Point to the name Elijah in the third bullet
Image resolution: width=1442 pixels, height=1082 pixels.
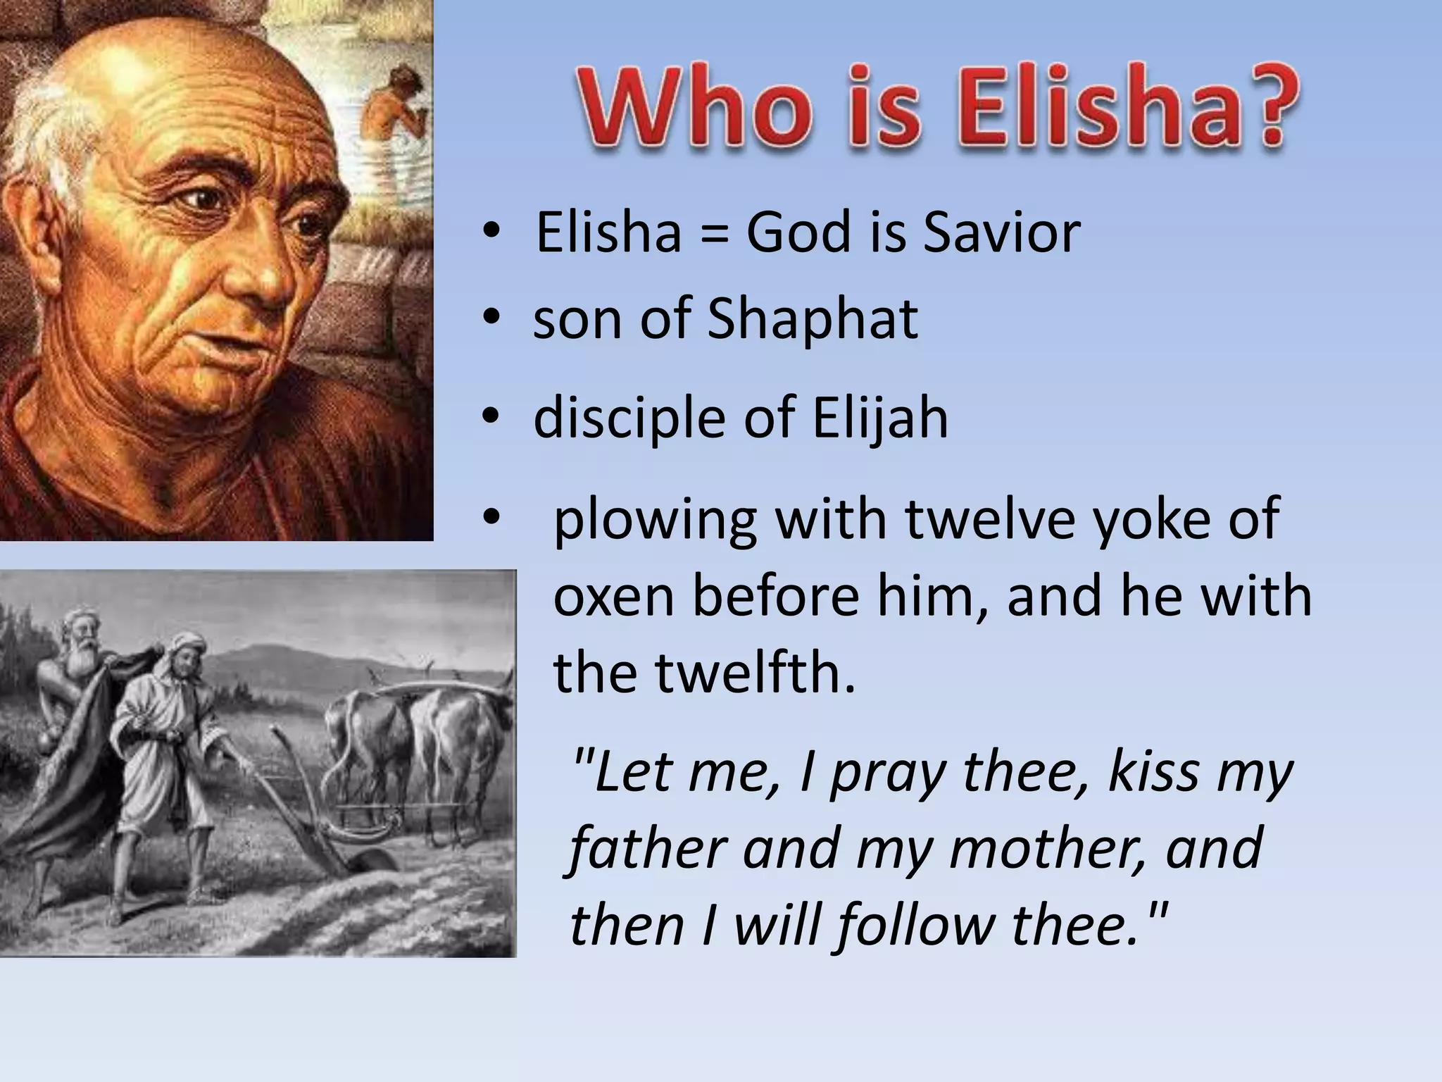coord(880,418)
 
